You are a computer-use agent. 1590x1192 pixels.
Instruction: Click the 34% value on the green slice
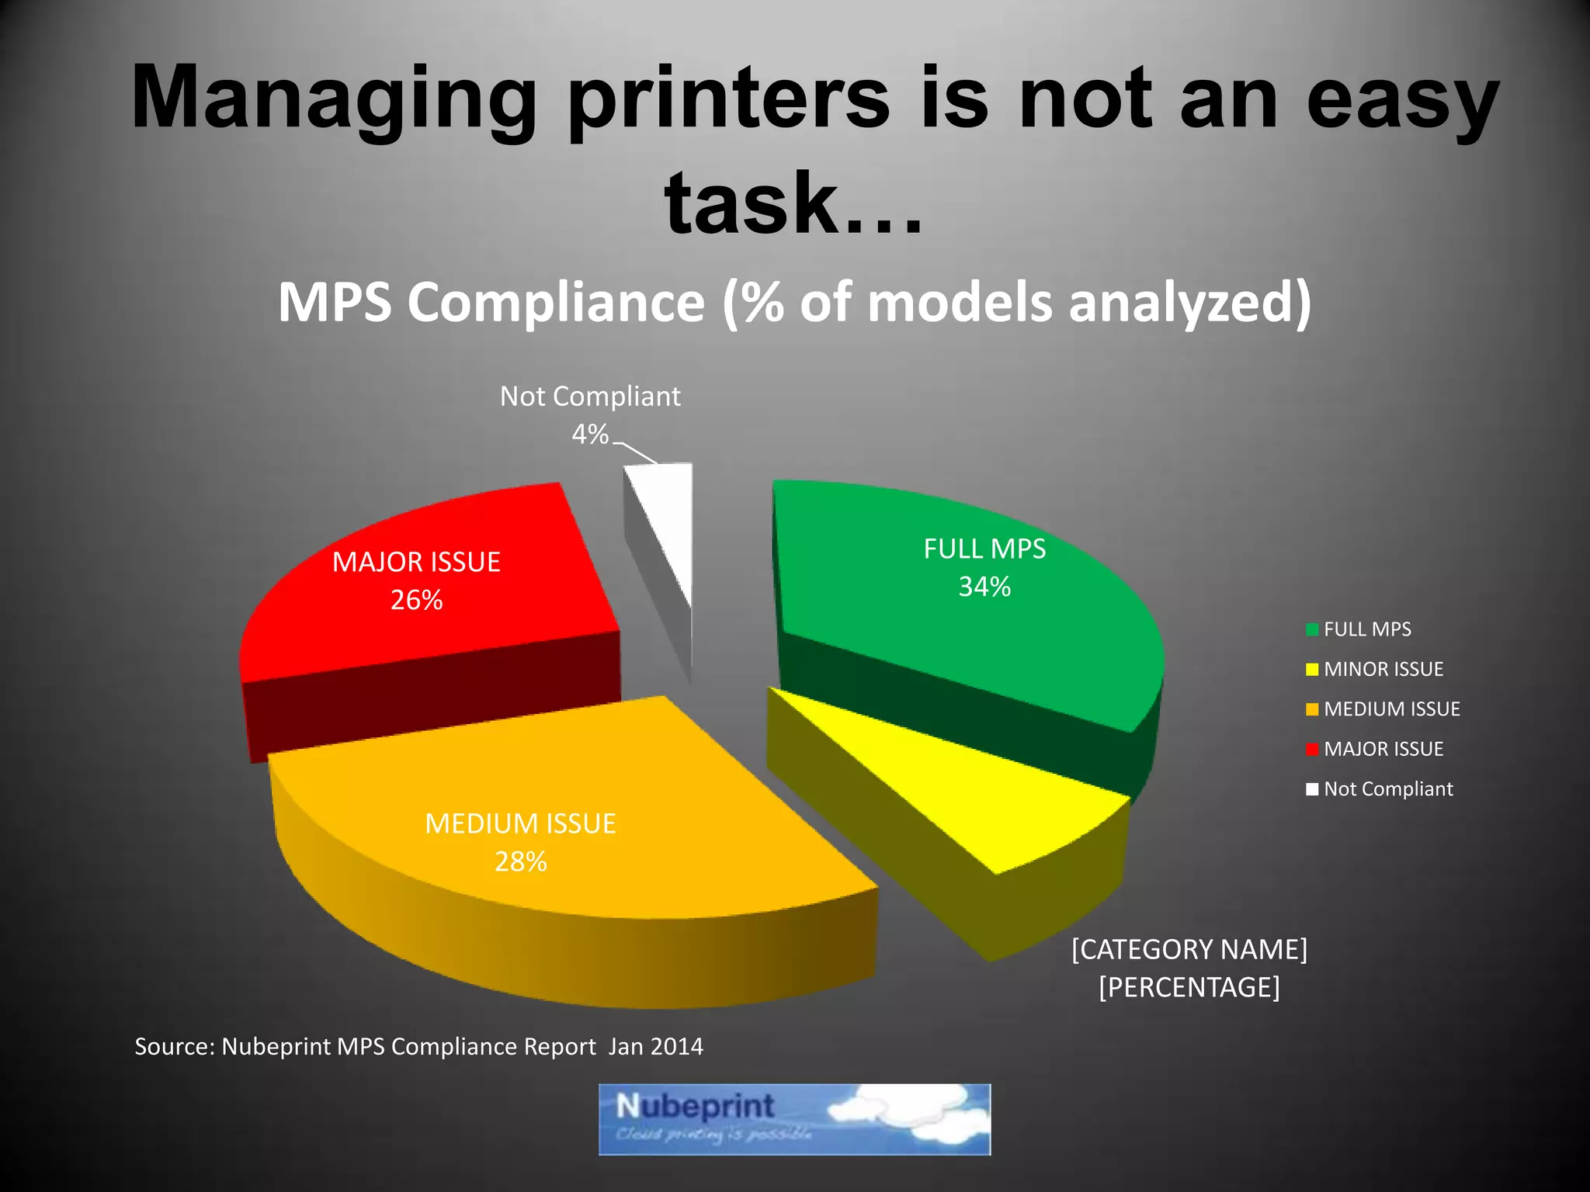pyautogui.click(x=984, y=587)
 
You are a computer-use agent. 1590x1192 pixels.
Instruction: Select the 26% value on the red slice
pyautogui.click(x=416, y=600)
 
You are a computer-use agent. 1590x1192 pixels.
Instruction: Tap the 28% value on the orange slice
pyautogui.click(x=521, y=861)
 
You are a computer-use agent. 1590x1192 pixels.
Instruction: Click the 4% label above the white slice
pyautogui.click(x=590, y=434)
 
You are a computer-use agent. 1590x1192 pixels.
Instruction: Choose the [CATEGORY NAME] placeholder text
pyautogui.click(x=1189, y=949)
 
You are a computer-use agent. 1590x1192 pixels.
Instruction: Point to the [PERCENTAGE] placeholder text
pyautogui.click(x=1189, y=987)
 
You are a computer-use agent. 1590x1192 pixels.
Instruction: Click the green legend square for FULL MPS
pyautogui.click(x=1312, y=629)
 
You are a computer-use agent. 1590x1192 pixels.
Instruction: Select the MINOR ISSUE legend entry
pyautogui.click(x=1383, y=669)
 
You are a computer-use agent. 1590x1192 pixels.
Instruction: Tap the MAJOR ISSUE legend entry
pyautogui.click(x=1383, y=749)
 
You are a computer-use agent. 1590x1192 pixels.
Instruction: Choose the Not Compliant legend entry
pyautogui.click(x=1387, y=788)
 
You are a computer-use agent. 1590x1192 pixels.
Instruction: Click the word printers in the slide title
pyautogui.click(x=729, y=99)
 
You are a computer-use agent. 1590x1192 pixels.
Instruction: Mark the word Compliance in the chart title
pyautogui.click(x=556, y=302)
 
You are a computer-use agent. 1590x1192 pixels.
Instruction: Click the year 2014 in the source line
pyautogui.click(x=677, y=1046)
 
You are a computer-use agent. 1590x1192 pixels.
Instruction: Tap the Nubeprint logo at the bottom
pyautogui.click(x=794, y=1119)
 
